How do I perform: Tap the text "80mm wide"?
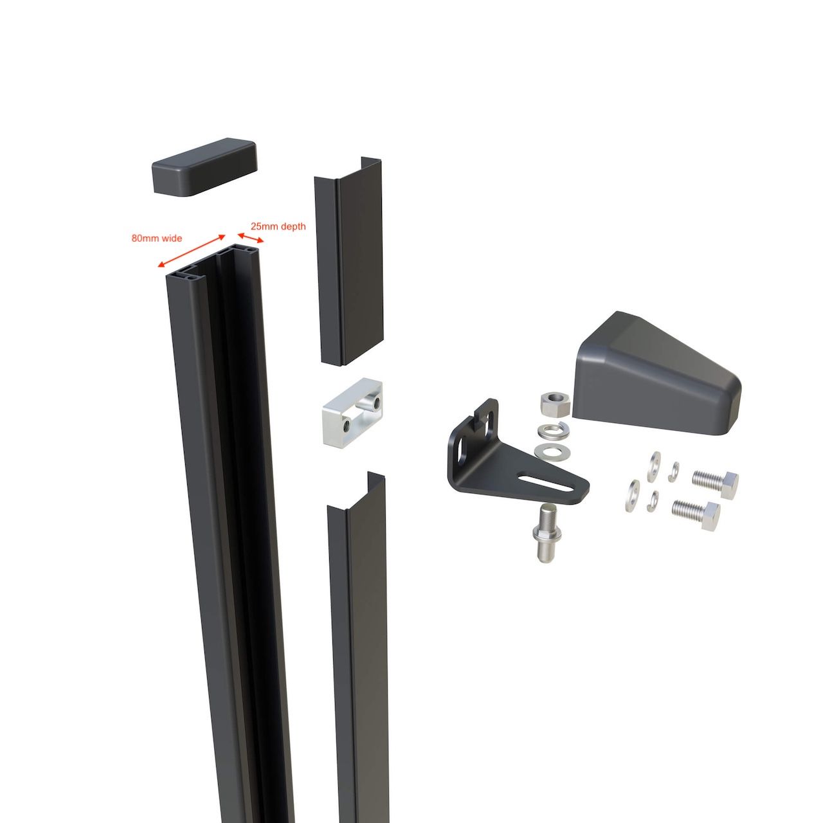pos(157,239)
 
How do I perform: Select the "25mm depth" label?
pos(278,226)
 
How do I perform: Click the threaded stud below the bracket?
pos(546,533)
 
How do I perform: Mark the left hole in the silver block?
pos(347,425)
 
